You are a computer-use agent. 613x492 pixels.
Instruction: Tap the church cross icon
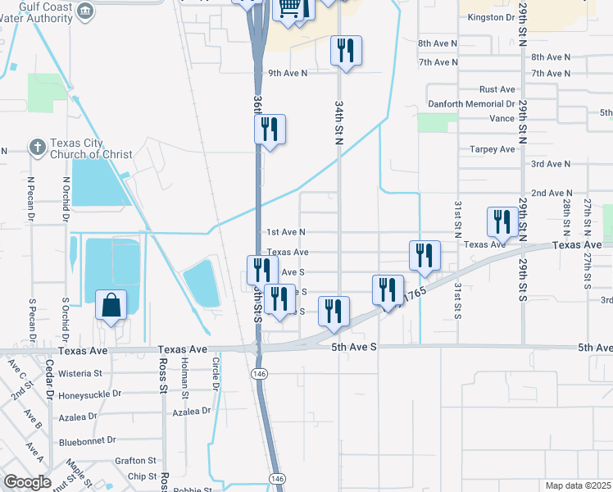tap(37, 148)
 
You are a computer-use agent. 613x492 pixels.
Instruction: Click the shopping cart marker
tap(289, 7)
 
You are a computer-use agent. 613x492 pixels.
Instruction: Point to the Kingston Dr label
tap(492, 16)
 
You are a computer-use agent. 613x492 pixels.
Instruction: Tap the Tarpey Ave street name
tap(492, 149)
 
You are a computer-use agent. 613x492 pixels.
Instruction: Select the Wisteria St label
tap(80, 373)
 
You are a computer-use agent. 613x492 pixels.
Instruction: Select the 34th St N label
tap(338, 123)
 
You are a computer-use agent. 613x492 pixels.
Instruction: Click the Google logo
tap(27, 482)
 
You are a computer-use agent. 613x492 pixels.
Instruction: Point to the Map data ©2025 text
tap(578, 485)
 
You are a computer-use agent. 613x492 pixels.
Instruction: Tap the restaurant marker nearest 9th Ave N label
tap(345, 52)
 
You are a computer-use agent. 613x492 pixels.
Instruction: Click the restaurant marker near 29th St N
tap(501, 222)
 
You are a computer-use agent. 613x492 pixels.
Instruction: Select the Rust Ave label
tap(497, 89)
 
